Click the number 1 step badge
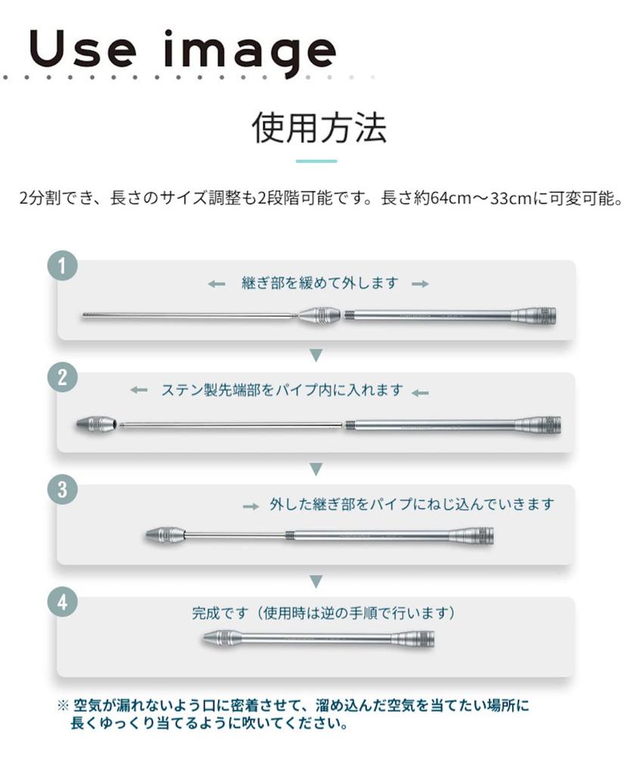[62, 266]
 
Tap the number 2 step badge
[62, 378]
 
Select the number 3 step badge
[62, 490]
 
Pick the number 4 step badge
[62, 602]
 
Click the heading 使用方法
[318, 127]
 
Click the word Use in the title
[82, 49]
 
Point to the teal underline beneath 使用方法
[316, 161]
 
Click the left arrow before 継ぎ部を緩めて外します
[216, 284]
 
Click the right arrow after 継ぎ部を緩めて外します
[420, 284]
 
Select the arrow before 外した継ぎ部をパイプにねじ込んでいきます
[251, 506]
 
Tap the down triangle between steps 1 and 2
[316, 355]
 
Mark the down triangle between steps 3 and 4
[316, 581]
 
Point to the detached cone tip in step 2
[98, 425]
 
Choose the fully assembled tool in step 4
[319, 639]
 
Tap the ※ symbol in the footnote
[63, 705]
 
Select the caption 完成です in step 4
[220, 613]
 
